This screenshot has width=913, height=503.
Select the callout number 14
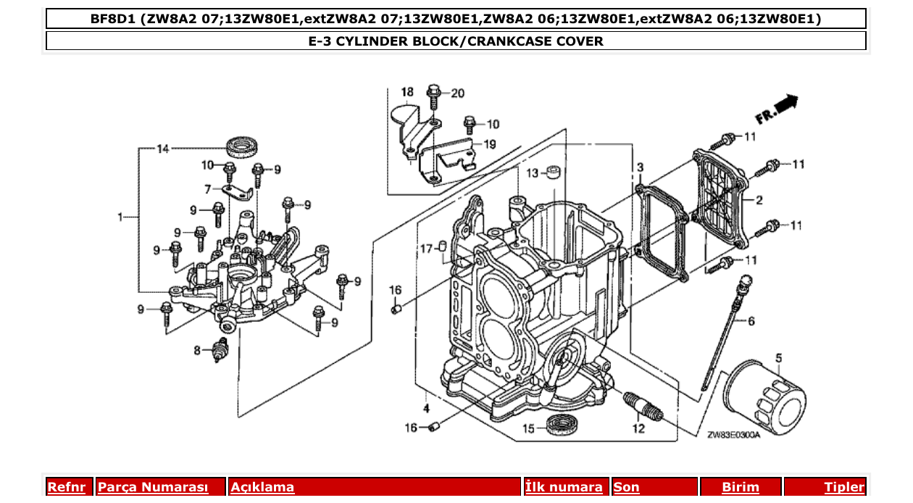coord(162,149)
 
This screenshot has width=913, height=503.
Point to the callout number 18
coord(407,92)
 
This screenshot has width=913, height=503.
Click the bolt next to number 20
coord(434,95)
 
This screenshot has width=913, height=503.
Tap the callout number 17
coord(427,249)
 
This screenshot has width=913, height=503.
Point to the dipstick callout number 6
coord(751,320)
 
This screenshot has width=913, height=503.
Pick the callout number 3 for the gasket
coord(640,167)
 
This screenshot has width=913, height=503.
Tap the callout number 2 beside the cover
coord(759,200)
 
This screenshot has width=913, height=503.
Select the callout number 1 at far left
coord(121,217)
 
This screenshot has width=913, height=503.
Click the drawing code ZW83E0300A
coord(733,435)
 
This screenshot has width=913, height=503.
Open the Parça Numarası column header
coord(153,487)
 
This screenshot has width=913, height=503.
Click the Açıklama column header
coord(262,487)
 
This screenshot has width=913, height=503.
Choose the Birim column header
coord(741,487)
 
